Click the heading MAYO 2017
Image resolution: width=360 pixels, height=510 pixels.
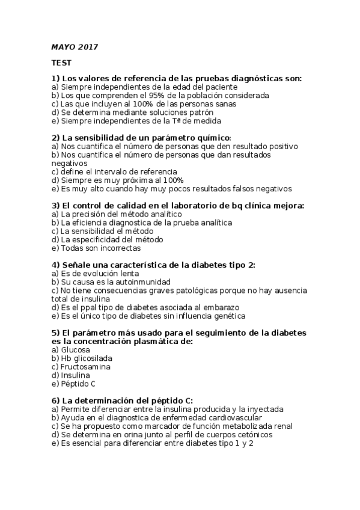click(75, 47)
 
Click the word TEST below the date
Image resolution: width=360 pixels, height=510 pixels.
click(61, 63)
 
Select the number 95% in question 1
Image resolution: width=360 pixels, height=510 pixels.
click(163, 95)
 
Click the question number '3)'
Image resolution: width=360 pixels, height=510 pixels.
click(56, 206)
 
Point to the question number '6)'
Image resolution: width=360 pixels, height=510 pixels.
click(56, 401)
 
